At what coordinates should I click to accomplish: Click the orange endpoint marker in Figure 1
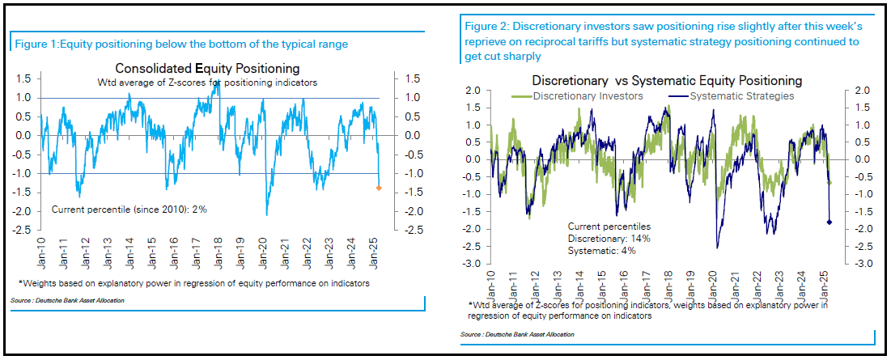[380, 188]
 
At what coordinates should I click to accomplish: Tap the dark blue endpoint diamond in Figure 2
[829, 222]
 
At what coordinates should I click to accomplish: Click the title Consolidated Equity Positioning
[207, 68]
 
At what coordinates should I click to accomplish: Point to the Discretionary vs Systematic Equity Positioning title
[667, 81]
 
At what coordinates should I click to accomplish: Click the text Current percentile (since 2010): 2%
[129, 210]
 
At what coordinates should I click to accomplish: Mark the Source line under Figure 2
[517, 334]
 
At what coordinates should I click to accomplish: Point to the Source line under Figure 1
[62, 300]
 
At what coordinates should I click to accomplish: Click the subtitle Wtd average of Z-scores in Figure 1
[207, 83]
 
